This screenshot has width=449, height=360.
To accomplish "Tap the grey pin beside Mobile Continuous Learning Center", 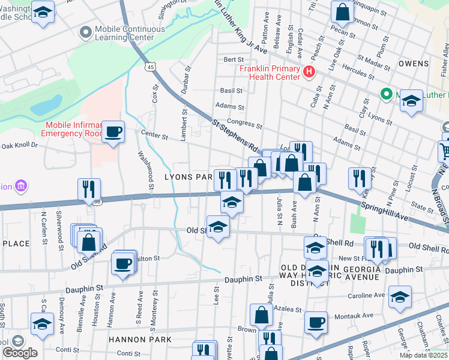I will [x=86, y=31].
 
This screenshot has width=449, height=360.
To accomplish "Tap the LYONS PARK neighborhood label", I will [x=188, y=177].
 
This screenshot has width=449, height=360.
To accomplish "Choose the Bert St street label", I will [x=233, y=60].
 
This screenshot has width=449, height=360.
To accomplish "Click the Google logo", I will [x=20, y=353].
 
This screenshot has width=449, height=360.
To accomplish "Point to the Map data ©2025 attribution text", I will [x=423, y=355].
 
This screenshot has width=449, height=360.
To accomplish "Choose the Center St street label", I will [x=154, y=136].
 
